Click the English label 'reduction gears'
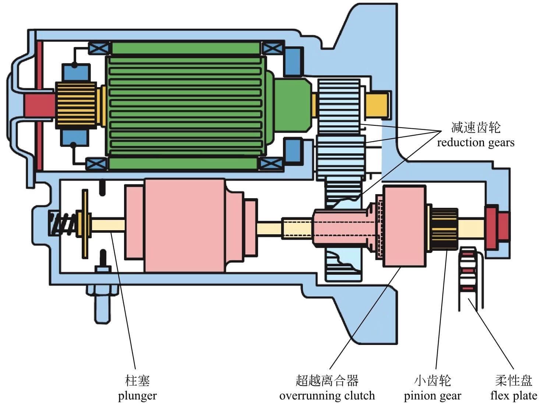click(475, 143)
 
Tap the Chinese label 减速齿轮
click(476, 128)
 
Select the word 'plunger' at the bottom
click(137, 396)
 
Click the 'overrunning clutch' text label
click(327, 396)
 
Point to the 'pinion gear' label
click(432, 396)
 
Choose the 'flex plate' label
click(513, 396)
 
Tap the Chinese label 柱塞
click(137, 381)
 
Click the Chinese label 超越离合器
click(327, 381)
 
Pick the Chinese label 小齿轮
click(432, 381)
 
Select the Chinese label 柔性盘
click(513, 381)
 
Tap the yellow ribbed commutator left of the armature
click(75, 106)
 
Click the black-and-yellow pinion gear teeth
click(444, 229)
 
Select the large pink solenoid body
click(184, 225)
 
